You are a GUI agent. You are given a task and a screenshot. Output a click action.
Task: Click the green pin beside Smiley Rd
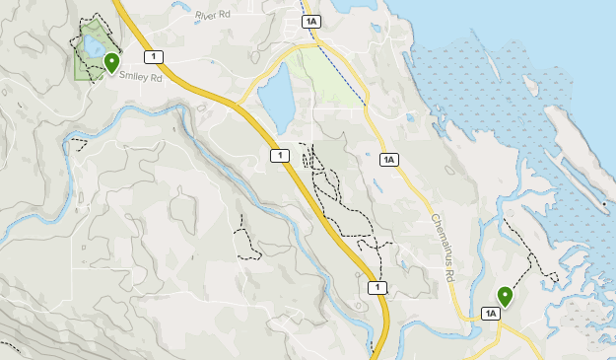110,63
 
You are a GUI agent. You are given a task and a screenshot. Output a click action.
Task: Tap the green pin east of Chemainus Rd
505,295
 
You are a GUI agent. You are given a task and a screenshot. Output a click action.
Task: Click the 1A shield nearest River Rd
311,21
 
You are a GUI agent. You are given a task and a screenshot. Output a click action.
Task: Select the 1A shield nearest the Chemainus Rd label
388,159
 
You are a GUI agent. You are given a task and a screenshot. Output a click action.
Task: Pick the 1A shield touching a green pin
491,314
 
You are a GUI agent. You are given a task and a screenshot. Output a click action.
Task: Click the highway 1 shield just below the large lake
279,156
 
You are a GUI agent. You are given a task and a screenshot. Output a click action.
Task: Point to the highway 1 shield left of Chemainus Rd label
376,287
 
